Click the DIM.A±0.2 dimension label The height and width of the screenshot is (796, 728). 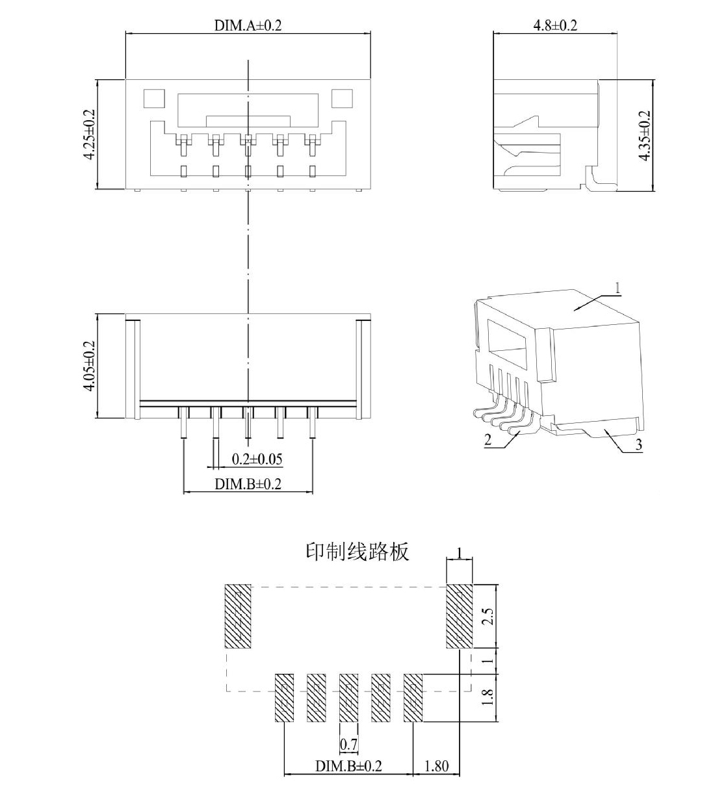(248, 25)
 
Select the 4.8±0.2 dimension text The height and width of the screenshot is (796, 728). (555, 25)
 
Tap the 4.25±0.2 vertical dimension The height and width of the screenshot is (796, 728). (89, 135)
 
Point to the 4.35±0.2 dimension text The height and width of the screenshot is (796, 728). (645, 135)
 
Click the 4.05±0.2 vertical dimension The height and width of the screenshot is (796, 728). (89, 366)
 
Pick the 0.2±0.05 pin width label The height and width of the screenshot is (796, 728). (257, 459)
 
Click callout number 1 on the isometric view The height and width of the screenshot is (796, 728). (617, 289)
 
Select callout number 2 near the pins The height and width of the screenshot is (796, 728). (487, 440)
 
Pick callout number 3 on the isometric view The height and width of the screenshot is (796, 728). (639, 444)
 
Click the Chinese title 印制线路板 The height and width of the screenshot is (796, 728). (357, 552)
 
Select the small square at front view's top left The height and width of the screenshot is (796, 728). (153, 98)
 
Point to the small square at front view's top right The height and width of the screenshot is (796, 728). (342, 98)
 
